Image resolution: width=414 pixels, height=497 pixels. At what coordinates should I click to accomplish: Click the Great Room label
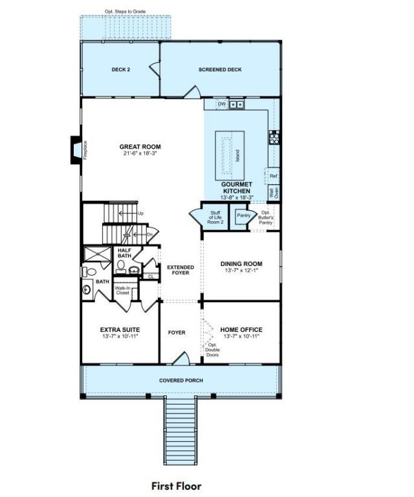(x=140, y=147)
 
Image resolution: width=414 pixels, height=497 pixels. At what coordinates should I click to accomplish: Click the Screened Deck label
(x=220, y=69)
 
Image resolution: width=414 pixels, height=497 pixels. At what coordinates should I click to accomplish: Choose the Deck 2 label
(x=121, y=69)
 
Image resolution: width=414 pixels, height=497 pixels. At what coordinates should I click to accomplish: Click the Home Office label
(x=241, y=329)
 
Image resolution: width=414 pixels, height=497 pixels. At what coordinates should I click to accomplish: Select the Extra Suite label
(x=120, y=329)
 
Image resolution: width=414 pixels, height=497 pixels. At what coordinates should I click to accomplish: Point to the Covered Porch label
(x=180, y=380)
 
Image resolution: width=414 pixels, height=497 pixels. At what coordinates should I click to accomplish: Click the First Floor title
(x=176, y=485)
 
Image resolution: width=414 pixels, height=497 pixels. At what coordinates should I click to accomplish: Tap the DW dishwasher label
(x=221, y=104)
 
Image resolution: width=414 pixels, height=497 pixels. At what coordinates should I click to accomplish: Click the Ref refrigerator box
(x=273, y=175)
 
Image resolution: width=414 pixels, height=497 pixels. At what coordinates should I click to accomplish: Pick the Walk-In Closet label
(x=122, y=291)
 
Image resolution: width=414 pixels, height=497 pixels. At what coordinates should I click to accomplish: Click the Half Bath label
(x=124, y=252)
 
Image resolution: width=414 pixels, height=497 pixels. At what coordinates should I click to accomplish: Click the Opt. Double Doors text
(x=213, y=350)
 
